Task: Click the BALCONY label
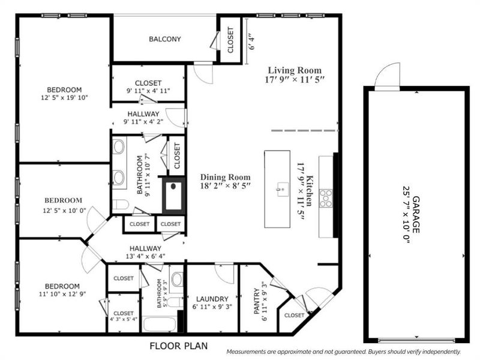coord(165,39)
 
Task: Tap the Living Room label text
coord(294,70)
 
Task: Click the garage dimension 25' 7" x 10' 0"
coord(405,213)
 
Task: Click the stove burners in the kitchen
coord(327,198)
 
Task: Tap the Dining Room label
coord(225,177)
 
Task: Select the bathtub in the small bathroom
coord(159,324)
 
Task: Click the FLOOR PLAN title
coord(179,346)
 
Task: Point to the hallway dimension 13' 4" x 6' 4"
coord(145,256)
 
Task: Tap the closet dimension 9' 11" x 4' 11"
coord(148,91)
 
